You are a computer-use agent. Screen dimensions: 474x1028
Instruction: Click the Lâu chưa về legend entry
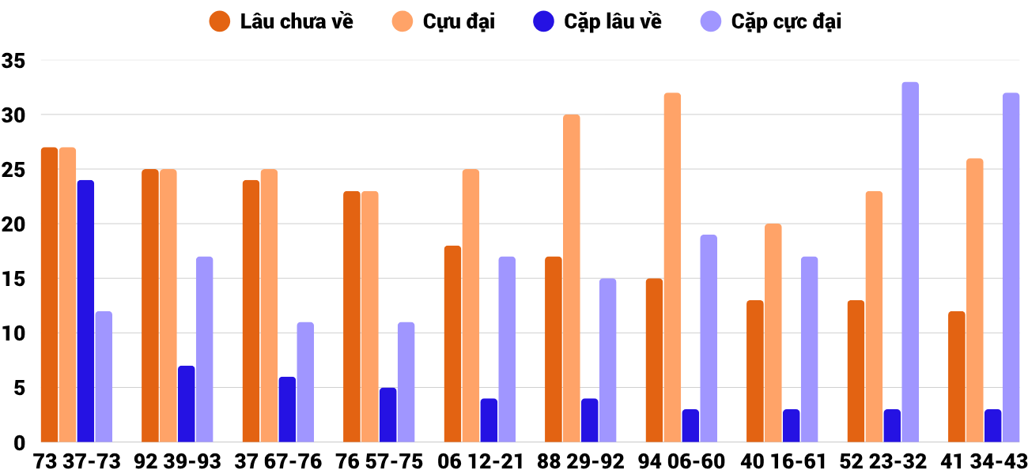tap(282, 21)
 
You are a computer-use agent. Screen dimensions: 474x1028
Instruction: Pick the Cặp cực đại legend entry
tap(771, 21)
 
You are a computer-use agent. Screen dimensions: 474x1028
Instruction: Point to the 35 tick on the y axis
tap(14, 61)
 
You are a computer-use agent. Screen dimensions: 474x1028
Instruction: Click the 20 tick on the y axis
tap(14, 224)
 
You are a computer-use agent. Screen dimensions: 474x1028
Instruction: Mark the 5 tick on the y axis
tap(19, 388)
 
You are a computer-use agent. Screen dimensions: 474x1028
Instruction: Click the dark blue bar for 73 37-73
tap(85, 311)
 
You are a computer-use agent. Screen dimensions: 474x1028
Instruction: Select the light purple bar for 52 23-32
tap(910, 262)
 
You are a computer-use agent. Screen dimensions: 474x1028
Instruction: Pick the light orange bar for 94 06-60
tap(672, 268)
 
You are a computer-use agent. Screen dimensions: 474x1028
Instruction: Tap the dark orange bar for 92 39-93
tap(150, 306)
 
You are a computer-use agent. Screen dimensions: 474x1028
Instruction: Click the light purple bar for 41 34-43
tap(1011, 268)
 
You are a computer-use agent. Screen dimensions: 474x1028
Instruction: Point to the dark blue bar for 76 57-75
tap(387, 415)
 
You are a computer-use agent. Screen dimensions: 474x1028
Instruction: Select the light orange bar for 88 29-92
tap(572, 279)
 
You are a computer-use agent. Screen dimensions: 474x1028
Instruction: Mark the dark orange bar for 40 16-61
tap(755, 371)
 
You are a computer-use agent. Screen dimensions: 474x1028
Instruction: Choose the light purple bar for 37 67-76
tap(305, 382)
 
